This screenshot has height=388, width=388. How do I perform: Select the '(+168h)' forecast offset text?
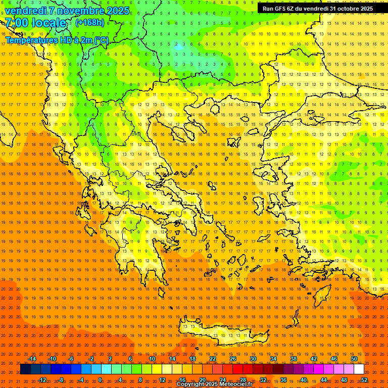(x=89, y=22)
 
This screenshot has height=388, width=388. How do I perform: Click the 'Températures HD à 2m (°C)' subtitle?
(x=57, y=40)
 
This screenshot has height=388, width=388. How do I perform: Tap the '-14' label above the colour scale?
(x=32, y=359)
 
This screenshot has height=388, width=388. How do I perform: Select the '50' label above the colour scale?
(x=354, y=359)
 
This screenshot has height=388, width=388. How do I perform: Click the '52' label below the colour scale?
(x=364, y=380)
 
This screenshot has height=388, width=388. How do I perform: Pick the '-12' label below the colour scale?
(x=42, y=380)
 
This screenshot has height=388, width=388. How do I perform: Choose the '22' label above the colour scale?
(x=213, y=359)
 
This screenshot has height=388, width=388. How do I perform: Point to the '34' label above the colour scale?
(x=273, y=359)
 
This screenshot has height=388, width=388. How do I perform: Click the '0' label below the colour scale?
(x=100, y=380)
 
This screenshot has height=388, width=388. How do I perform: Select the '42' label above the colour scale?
(x=314, y=359)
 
